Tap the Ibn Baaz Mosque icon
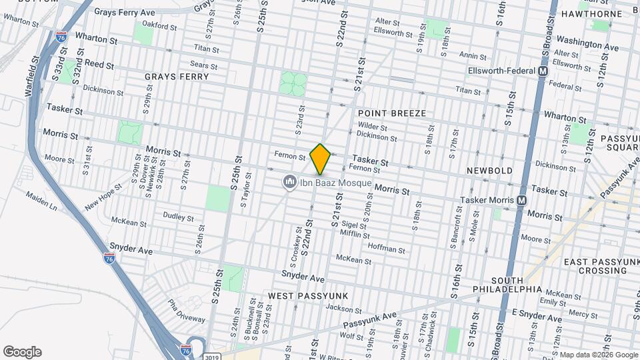289,182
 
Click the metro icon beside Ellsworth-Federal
543,71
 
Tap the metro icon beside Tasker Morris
521,200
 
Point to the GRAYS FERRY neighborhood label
177,77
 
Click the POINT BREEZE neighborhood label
391,113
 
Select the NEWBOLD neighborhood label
489,171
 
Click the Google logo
22,352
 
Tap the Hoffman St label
387,250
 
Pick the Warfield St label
29,79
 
